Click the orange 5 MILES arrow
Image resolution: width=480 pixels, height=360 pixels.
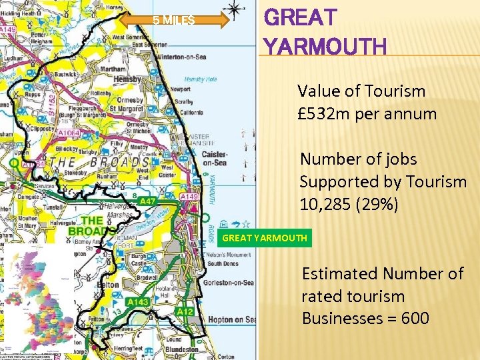pyautogui.click(x=175, y=21)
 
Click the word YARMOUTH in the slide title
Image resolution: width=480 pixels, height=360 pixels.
pyautogui.click(x=325, y=47)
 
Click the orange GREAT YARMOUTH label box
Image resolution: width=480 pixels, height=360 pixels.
pyautogui.click(x=265, y=238)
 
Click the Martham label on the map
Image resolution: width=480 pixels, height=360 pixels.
pyautogui.click(x=113, y=69)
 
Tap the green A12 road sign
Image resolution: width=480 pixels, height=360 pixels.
pyautogui.click(x=185, y=312)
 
